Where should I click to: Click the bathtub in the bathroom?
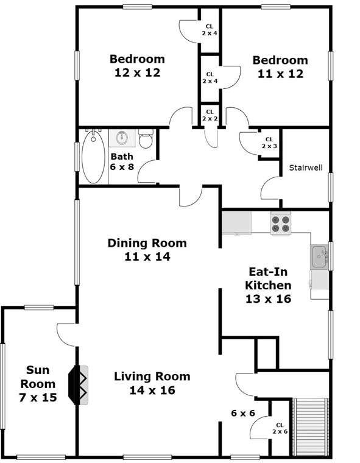point(93,156)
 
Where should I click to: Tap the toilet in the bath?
point(145,141)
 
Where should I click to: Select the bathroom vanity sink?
point(122,138)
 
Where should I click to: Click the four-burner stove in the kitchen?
point(280,223)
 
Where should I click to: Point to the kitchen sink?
point(319,257)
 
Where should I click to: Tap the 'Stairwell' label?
point(305,168)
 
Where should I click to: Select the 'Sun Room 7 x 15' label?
point(41,384)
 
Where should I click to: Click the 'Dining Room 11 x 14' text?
point(147,250)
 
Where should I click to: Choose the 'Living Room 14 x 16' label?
point(152,383)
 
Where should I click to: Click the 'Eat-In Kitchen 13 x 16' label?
point(268,285)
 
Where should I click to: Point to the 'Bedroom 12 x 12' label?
point(137,65)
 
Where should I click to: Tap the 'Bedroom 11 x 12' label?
point(280,66)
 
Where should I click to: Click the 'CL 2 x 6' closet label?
point(280,428)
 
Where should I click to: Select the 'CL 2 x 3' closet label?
point(269,143)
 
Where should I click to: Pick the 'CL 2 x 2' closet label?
point(210,115)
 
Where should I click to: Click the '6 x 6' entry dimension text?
point(242,413)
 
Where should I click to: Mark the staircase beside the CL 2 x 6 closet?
point(311,426)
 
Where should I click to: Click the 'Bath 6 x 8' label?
point(122,161)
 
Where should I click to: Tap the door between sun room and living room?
point(66,334)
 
